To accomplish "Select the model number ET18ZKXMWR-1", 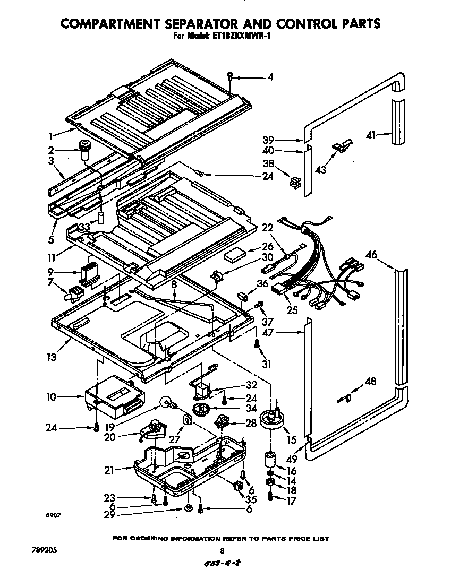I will coord(245,37).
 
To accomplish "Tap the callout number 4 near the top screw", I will coord(270,77).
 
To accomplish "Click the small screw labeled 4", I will coord(229,76).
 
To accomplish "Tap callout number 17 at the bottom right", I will coord(291,500).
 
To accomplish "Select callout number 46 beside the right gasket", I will coord(371,255).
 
